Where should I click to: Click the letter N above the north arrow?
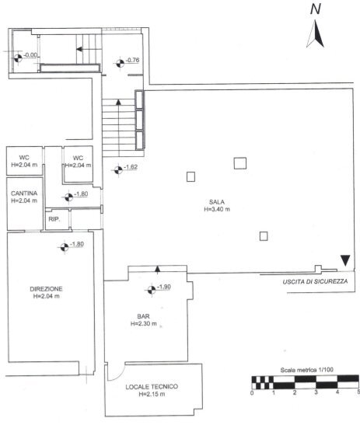point(315,9)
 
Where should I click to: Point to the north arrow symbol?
point(316,35)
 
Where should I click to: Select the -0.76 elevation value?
point(132,61)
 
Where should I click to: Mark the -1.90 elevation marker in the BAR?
point(164,288)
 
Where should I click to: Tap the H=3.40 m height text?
point(217,210)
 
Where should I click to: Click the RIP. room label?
point(54,220)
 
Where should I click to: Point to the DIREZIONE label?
point(47,289)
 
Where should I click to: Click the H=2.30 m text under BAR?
point(143,324)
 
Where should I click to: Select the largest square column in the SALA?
point(240,163)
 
